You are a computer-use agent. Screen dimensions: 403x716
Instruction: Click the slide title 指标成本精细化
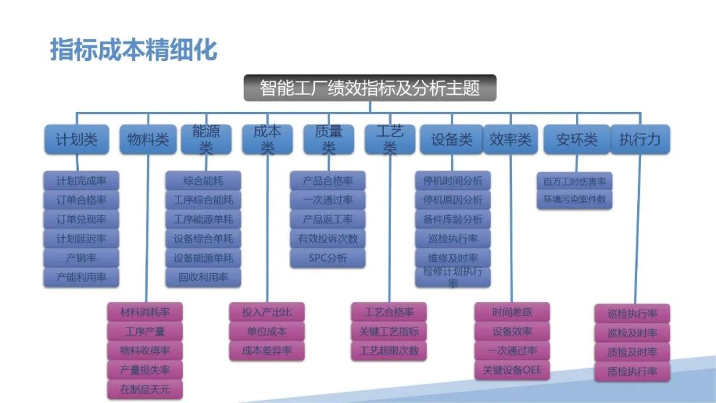pos(133,50)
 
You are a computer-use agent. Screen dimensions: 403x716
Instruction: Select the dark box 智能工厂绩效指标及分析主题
pos(370,88)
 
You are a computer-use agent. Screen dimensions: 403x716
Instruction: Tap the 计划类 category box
pos(77,140)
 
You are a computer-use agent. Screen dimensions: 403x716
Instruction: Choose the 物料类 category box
pos(149,140)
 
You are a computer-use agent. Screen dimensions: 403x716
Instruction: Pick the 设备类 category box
pos(451,140)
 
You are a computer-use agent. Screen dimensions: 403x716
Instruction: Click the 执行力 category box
pos(640,140)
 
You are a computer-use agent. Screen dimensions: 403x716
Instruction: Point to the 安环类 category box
pos(576,140)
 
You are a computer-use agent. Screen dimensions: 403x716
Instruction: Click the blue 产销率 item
pos(82,258)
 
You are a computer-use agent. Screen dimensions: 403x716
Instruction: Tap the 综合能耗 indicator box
pos(204,180)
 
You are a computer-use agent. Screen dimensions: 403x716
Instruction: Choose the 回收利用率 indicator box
pos(204,277)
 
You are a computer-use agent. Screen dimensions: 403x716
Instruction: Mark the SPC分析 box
pos(328,258)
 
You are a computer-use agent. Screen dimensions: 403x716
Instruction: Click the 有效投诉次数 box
pos(328,239)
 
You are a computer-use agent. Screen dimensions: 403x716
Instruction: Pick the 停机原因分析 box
pos(453,200)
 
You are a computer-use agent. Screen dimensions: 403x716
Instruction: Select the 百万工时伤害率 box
pos(574,180)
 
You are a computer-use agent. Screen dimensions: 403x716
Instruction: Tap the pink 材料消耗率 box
pos(145,312)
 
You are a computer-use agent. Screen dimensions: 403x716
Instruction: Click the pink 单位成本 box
pos(267,331)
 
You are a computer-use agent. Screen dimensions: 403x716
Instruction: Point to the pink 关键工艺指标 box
pos(388,331)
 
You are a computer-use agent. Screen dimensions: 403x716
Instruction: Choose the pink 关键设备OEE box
pos(512,370)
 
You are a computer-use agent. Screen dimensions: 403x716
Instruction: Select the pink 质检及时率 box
pos(632,352)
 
